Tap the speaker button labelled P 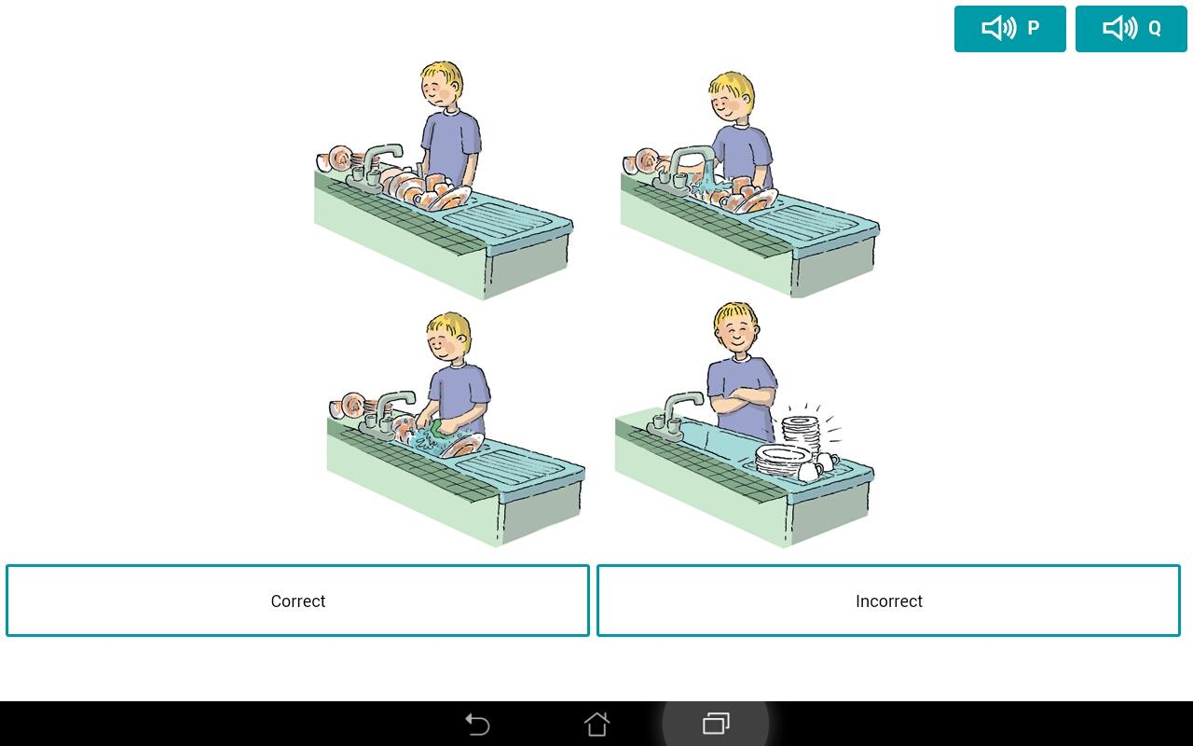pyautogui.click(x=1009, y=29)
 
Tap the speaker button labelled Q pyautogui.click(x=1131, y=29)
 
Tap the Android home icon pyautogui.click(x=596, y=725)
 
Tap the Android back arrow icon pyautogui.click(x=477, y=725)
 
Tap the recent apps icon pyautogui.click(x=716, y=724)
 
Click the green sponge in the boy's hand pyautogui.click(x=437, y=428)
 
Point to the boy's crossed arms pyautogui.click(x=744, y=398)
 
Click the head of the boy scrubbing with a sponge pyautogui.click(x=448, y=337)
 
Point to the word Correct pyautogui.click(x=297, y=601)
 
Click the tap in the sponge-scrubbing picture pyautogui.click(x=387, y=410)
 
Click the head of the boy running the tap pyautogui.click(x=732, y=98)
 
